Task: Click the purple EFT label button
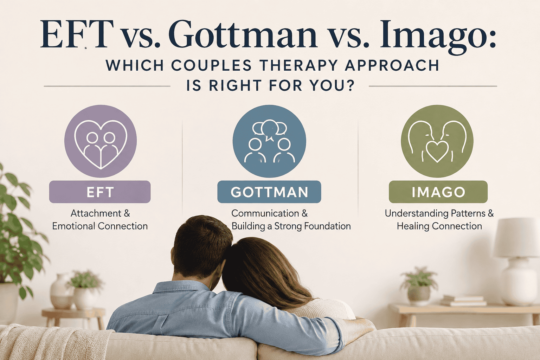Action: click(100, 192)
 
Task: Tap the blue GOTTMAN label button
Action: click(269, 192)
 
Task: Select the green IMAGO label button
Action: click(438, 192)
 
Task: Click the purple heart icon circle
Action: click(101, 141)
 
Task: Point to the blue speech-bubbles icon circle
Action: click(269, 141)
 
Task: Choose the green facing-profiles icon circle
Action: click(437, 141)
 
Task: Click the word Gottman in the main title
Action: click(243, 35)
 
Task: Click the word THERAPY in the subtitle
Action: click(298, 65)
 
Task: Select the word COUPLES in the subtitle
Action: click(212, 65)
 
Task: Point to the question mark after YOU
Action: click(350, 85)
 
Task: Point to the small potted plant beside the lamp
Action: click(419, 286)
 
